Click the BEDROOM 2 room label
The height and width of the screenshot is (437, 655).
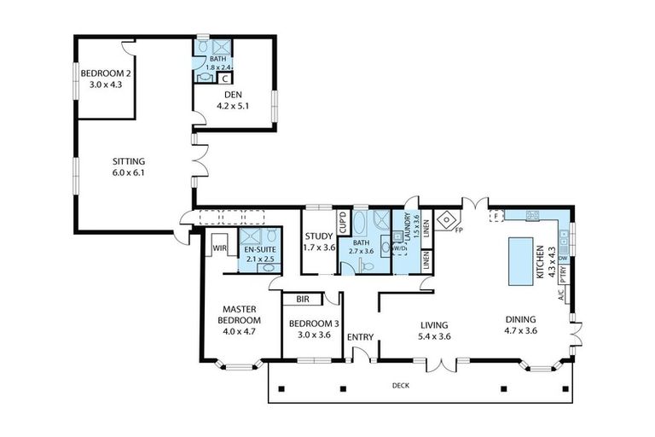[107, 79]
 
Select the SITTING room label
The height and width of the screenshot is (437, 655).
[130, 166]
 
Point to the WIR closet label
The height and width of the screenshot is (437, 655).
[218, 248]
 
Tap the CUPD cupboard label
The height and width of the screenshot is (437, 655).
[343, 223]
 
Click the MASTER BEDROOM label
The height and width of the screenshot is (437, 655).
[241, 320]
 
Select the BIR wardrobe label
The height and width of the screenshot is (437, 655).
[302, 300]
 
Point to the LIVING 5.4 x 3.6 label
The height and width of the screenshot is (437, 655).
[434, 330]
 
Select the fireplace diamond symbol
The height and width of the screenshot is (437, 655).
[445, 220]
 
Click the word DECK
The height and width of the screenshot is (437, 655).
[401, 386]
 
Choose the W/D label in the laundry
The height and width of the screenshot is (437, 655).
[400, 248]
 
